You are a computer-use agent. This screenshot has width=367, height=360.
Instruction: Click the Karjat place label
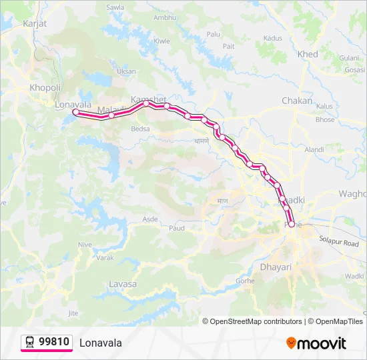point(34,23)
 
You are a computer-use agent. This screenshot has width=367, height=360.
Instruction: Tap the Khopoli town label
point(45,87)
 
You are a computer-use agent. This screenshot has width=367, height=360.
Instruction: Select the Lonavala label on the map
point(73,105)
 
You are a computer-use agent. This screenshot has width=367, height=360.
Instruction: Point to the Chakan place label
point(297,101)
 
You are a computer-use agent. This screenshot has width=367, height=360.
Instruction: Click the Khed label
point(308,54)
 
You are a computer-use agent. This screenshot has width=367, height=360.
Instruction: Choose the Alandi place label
point(314,150)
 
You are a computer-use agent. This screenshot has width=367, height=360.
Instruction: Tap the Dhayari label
point(275,267)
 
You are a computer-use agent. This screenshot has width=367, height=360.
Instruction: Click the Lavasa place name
point(122,284)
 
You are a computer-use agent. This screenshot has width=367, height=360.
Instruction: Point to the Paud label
point(177,228)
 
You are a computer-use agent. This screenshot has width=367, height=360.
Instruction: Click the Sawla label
point(115,8)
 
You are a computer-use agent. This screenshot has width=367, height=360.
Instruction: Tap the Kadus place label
point(273,38)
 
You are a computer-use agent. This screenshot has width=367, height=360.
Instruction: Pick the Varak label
point(105,257)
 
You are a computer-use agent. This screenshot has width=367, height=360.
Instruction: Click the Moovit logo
point(316,343)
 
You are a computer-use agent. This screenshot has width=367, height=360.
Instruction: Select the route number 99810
point(54,342)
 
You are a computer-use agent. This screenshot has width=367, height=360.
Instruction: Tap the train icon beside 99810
point(30,342)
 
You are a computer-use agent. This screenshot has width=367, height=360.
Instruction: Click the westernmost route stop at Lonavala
point(76,113)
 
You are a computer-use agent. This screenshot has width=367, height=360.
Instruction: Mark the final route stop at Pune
point(291,225)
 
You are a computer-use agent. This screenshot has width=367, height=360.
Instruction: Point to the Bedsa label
point(141,129)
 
